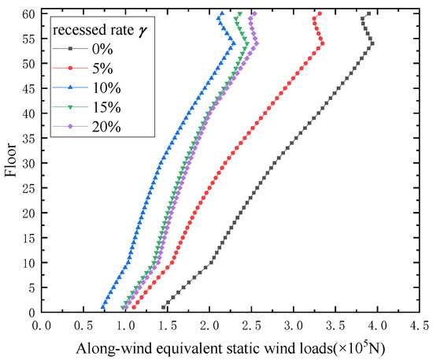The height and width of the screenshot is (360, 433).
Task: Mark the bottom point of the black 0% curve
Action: click(163, 307)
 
